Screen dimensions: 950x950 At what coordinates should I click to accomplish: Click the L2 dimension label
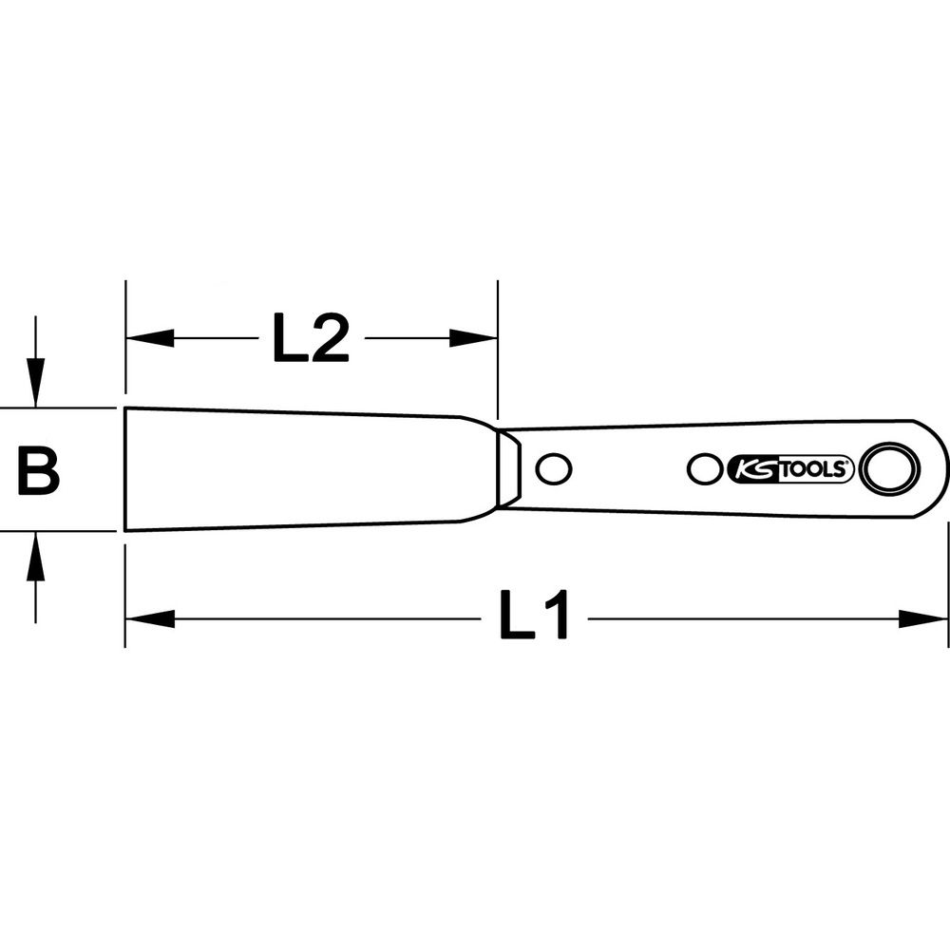tap(311, 338)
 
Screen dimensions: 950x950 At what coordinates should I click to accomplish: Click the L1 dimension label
tap(534, 615)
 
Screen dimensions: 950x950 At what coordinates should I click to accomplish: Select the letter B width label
tap(39, 470)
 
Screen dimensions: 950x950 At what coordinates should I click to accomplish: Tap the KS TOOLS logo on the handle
tap(789, 469)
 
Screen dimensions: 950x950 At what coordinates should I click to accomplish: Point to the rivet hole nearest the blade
tap(554, 468)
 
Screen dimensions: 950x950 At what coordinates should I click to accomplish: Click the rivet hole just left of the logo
tap(706, 468)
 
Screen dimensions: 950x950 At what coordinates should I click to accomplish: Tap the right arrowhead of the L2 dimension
tap(473, 338)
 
